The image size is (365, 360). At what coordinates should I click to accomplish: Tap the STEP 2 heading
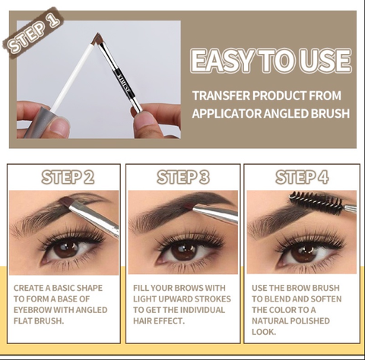(68, 177)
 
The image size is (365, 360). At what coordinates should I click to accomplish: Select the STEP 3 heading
(183, 177)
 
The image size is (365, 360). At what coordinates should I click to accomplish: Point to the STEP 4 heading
(302, 177)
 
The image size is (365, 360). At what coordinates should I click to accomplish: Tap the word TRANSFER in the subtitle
(221, 96)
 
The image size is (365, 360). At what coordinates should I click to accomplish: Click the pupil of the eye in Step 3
(184, 250)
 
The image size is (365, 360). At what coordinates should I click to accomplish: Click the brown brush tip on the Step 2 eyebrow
(67, 202)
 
